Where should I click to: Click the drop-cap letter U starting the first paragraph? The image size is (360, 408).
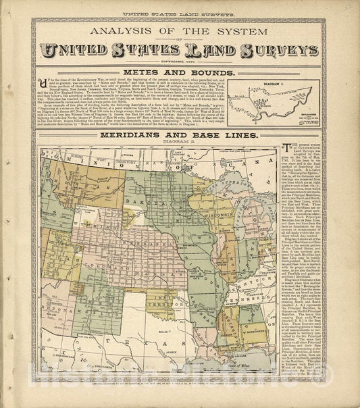[x=43, y=80]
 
